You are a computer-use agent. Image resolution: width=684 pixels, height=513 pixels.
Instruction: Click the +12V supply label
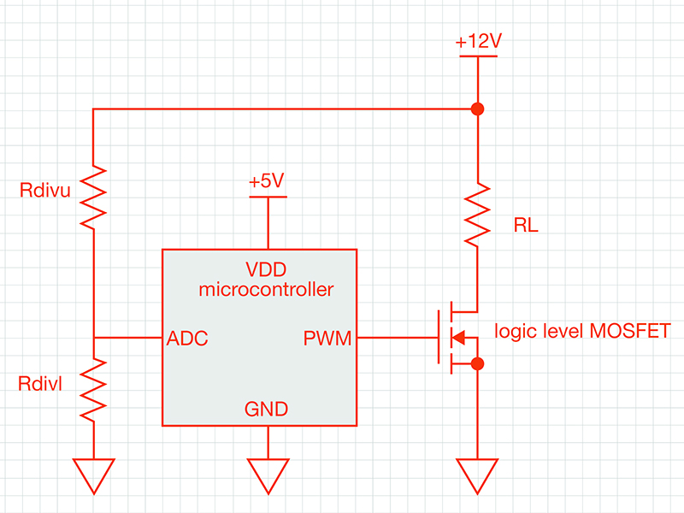pos(477,41)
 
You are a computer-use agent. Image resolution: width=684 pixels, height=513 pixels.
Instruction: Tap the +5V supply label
pos(267,181)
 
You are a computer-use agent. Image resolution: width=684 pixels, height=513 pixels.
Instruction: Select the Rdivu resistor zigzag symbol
pos(93,198)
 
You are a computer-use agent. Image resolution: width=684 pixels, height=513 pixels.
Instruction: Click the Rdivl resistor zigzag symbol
pos(93,388)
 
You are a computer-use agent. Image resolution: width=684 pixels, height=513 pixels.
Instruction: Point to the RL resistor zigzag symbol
pos(477,215)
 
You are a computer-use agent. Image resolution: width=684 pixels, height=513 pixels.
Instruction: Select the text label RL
pos(526,227)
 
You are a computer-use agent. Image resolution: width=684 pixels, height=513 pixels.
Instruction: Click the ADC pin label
pos(187,339)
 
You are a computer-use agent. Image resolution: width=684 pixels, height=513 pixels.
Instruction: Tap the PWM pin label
pos(327,339)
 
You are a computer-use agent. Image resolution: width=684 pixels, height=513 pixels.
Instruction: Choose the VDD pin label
pos(265,268)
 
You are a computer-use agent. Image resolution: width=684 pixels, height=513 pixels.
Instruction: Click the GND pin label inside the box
pos(266,409)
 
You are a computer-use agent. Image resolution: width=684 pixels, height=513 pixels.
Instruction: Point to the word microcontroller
pos(266,289)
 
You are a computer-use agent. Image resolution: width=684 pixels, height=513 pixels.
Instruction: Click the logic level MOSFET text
pos(583,330)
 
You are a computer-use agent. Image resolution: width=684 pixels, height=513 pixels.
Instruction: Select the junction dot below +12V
pos(477,109)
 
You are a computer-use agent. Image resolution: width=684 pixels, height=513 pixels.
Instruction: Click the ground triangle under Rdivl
pos(93,474)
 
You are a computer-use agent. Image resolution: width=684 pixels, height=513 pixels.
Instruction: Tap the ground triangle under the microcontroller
pos(268,474)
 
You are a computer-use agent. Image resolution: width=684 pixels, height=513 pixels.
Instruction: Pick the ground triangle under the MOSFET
pos(477,474)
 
